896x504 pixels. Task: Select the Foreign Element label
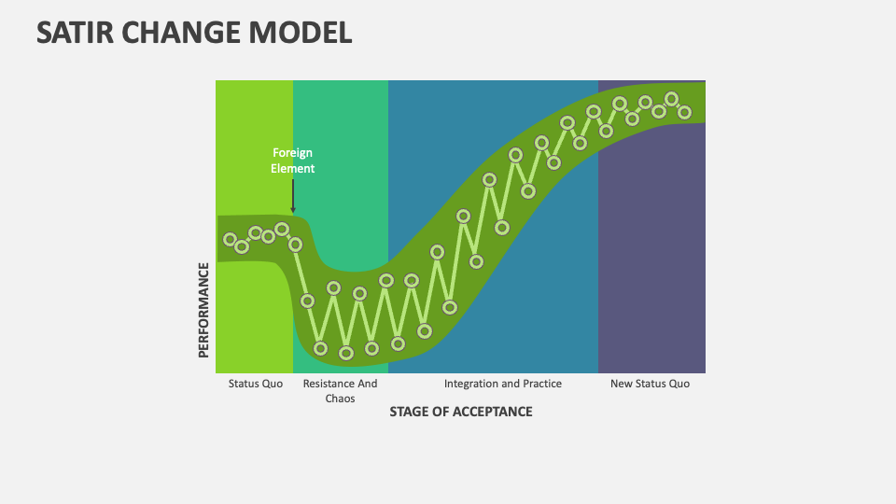pos(292,161)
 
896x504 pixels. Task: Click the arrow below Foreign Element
pos(293,196)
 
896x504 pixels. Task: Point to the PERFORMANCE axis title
pos(203,310)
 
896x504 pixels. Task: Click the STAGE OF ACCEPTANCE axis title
pos(461,412)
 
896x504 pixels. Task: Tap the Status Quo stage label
pos(255,384)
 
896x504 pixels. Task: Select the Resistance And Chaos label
pos(340,391)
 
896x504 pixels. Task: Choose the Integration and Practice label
pos(503,384)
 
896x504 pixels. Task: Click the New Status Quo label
pos(650,384)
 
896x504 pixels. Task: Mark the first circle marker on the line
pos(230,240)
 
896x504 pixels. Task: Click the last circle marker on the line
pos(684,112)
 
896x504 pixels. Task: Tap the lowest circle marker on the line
pos(346,354)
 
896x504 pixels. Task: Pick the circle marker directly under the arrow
pos(295,245)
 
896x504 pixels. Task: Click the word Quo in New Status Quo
pos(679,384)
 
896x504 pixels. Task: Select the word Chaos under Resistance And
pos(340,399)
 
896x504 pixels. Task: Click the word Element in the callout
pos(292,169)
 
